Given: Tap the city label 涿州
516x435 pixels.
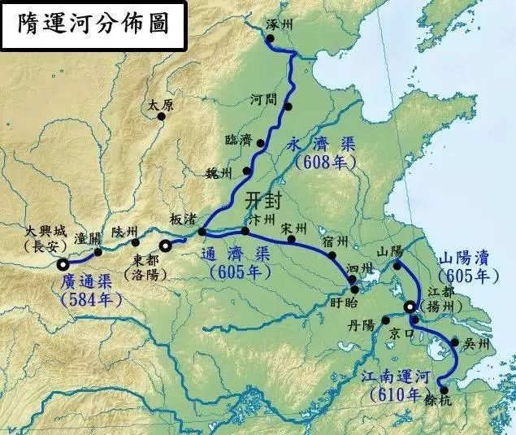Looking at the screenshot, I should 281,25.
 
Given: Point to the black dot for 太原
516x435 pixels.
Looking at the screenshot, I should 161,117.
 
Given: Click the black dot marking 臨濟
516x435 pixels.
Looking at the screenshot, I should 261,144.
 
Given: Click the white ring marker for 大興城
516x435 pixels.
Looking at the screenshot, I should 63,263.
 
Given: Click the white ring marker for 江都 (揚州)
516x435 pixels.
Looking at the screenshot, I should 410,307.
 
